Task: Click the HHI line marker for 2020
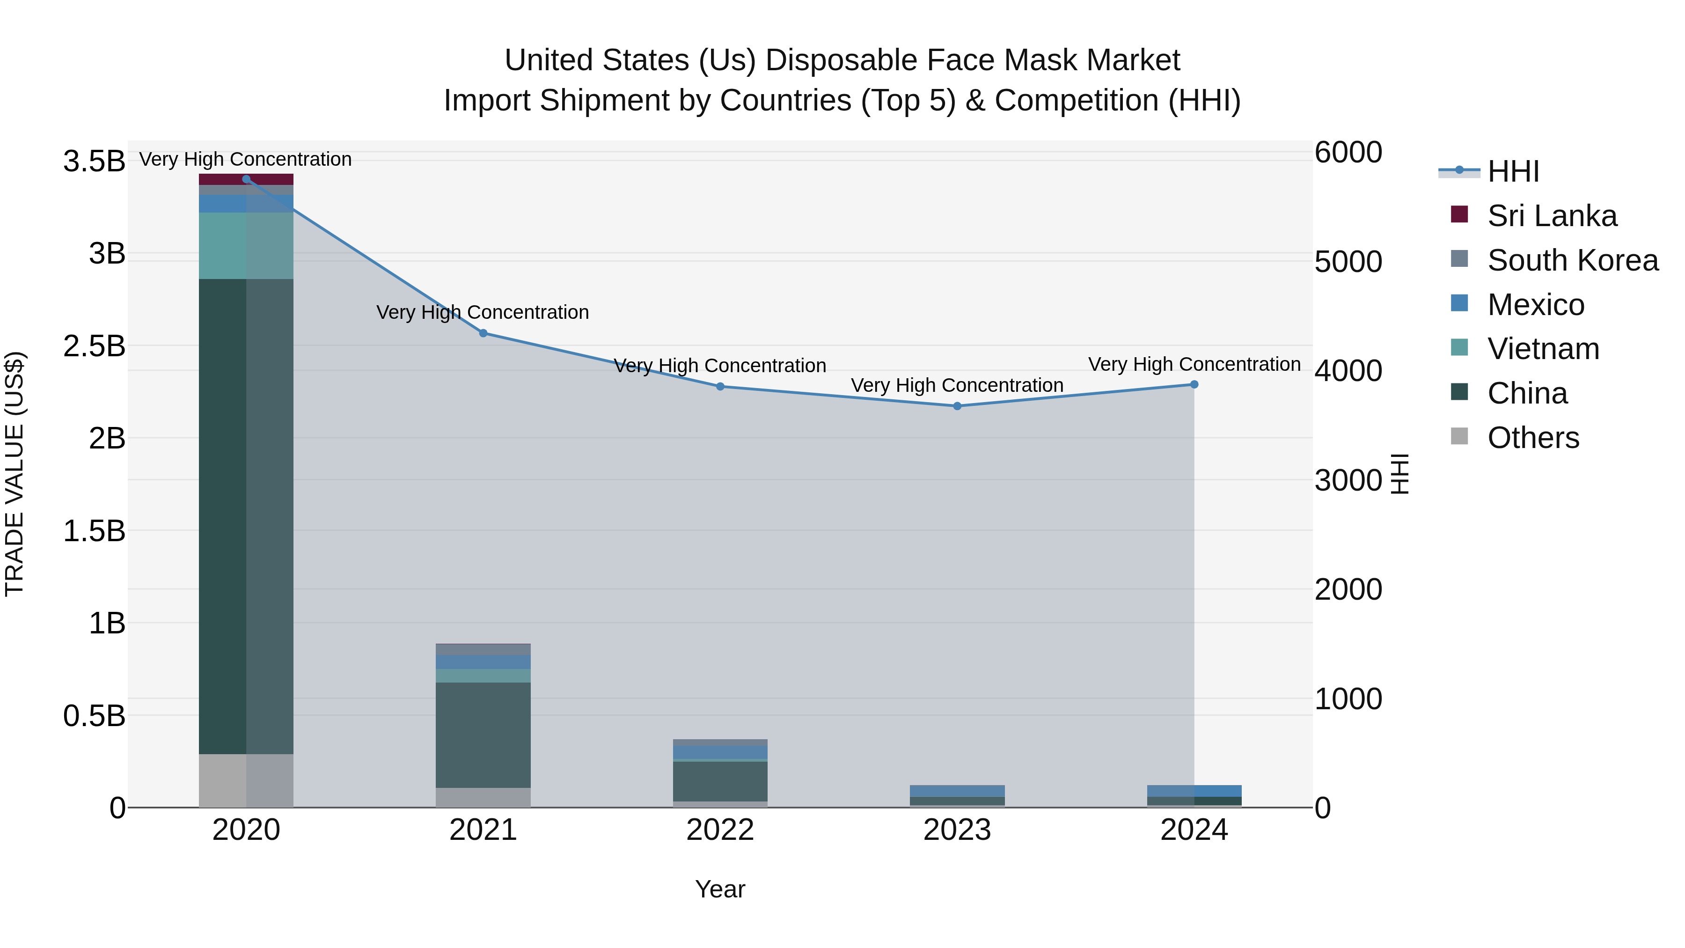246,179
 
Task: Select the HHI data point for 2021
484,333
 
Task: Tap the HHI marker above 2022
720,387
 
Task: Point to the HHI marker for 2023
957,406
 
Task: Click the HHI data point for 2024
1194,385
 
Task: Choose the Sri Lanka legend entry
1551,216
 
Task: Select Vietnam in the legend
1542,349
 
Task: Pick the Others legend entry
1532,438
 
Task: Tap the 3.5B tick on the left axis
94,162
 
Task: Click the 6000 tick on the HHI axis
1348,153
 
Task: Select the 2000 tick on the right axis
1348,589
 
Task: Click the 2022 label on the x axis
720,830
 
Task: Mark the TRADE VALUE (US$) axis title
15,474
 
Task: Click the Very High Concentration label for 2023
957,385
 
